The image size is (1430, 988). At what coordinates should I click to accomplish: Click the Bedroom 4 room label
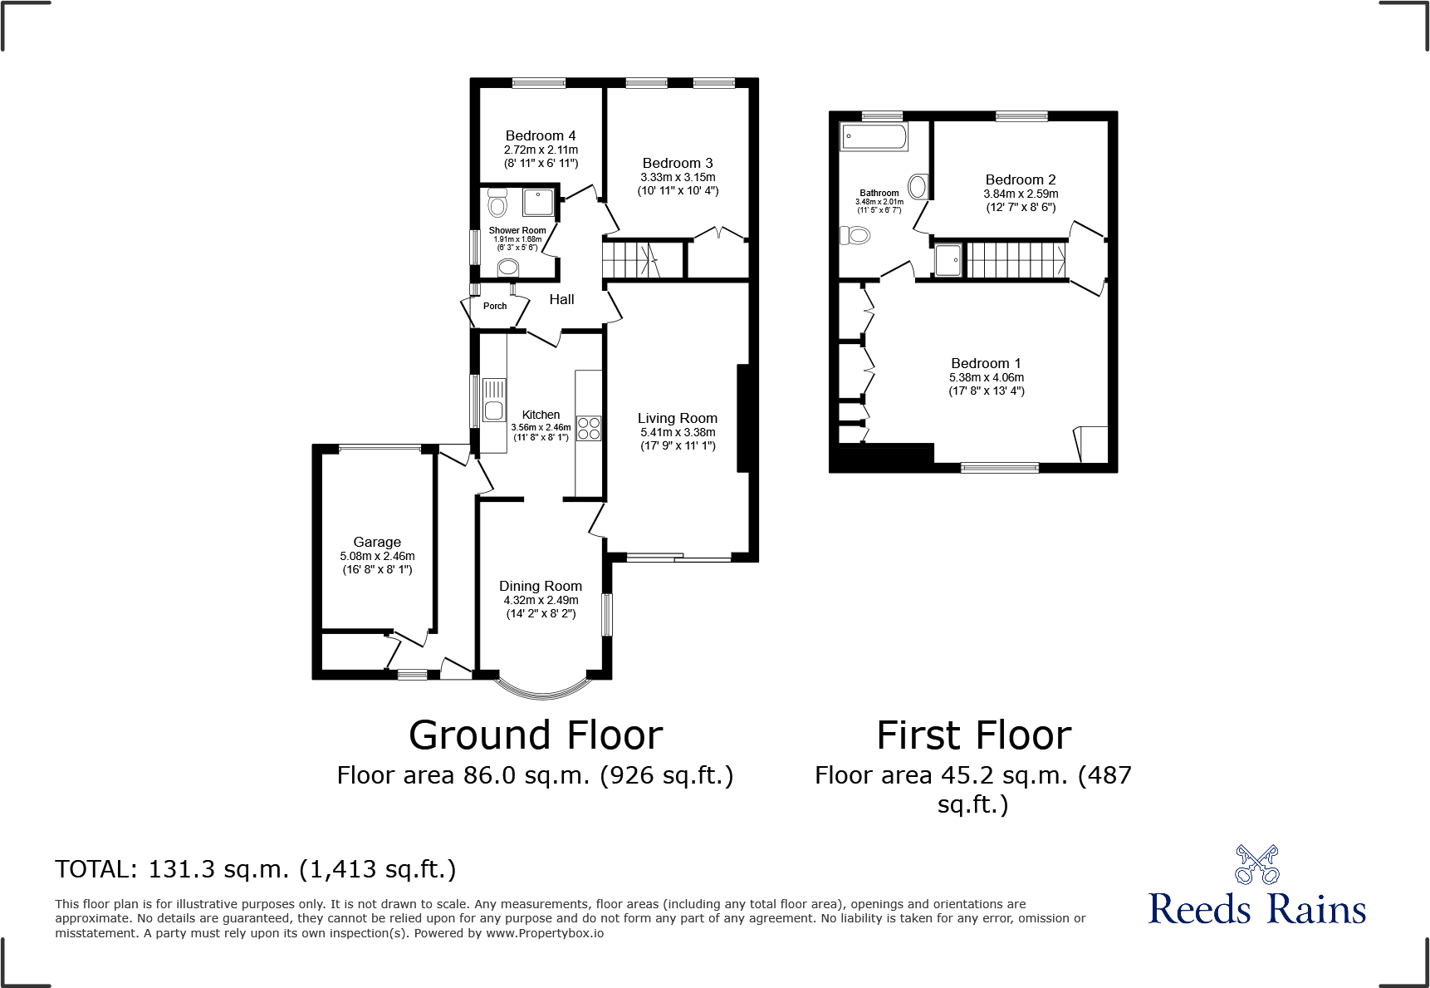tap(541, 135)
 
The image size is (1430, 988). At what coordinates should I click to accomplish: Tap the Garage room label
tap(377, 542)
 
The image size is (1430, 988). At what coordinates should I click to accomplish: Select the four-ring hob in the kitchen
tap(589, 428)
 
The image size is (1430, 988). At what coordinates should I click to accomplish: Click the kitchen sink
tap(494, 400)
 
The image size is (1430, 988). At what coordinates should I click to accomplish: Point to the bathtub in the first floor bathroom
tap(874, 137)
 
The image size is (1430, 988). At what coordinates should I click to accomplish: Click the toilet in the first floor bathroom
tap(855, 236)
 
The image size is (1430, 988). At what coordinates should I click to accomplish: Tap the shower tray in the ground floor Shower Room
tap(538, 202)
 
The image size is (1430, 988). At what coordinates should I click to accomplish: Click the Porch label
tap(495, 306)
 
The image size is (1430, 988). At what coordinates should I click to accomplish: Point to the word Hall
tap(561, 299)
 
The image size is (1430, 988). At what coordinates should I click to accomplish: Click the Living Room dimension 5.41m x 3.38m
tap(678, 432)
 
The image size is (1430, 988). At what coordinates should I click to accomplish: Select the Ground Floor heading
tap(536, 735)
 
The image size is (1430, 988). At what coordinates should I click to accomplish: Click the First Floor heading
tap(973, 735)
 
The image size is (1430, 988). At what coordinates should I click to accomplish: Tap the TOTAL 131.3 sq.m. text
tap(256, 869)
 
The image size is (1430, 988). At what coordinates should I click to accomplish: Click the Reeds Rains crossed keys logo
tap(1256, 865)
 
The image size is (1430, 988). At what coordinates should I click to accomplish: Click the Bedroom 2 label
tap(1021, 179)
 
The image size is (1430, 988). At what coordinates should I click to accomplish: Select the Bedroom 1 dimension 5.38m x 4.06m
tap(987, 377)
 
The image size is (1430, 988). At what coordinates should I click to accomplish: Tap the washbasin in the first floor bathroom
tap(918, 186)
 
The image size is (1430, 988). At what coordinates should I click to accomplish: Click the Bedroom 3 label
tap(678, 163)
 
